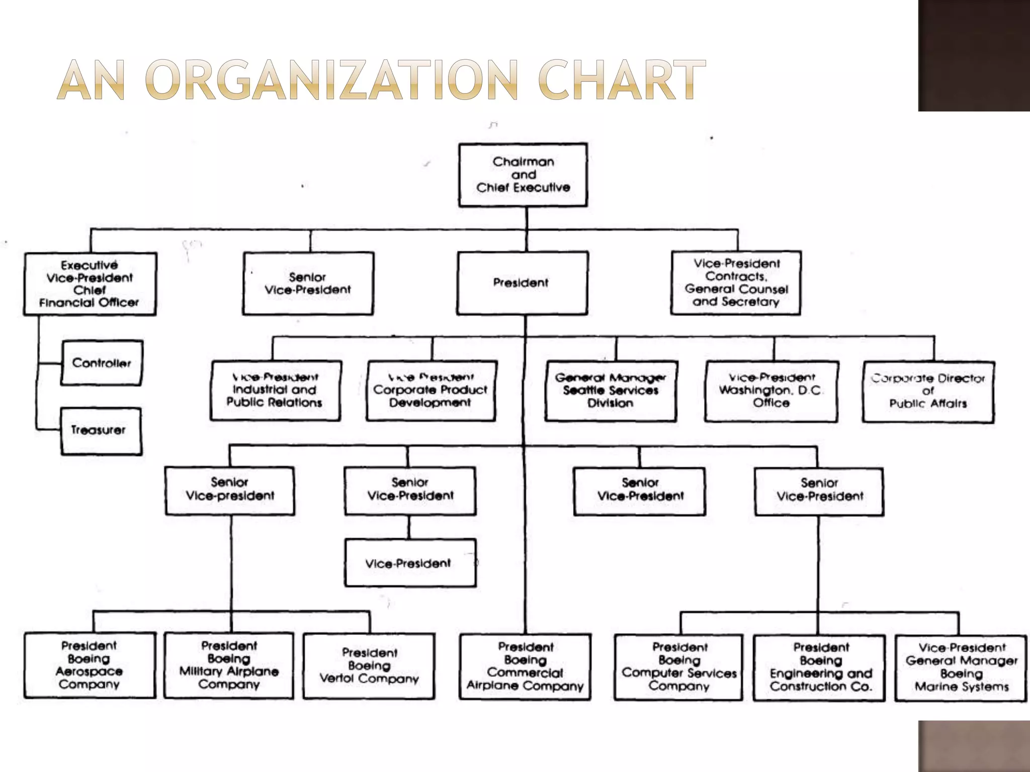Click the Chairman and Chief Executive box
pyautogui.click(x=523, y=175)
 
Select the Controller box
pyautogui.click(x=102, y=363)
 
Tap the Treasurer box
pyautogui.click(x=101, y=431)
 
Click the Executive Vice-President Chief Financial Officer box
pyautogui.click(x=90, y=284)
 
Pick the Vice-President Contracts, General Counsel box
pyautogui.click(x=736, y=283)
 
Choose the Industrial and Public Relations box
pyautogui.click(x=275, y=391)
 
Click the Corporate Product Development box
pyautogui.click(x=431, y=391)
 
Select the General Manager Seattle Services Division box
pyautogui.click(x=611, y=391)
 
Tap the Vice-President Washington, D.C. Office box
pyautogui.click(x=771, y=391)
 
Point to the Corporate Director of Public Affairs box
pyautogui.click(x=928, y=392)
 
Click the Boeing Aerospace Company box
pyautogui.click(x=90, y=665)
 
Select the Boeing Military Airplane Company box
pyautogui.click(x=229, y=665)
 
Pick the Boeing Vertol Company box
pyautogui.click(x=369, y=666)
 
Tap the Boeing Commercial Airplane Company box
pyautogui.click(x=525, y=666)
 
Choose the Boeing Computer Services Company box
pyautogui.click(x=678, y=667)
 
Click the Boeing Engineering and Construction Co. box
pyautogui.click(x=820, y=667)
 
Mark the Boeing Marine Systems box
pyautogui.click(x=961, y=667)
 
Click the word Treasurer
pyautogui.click(x=98, y=430)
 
